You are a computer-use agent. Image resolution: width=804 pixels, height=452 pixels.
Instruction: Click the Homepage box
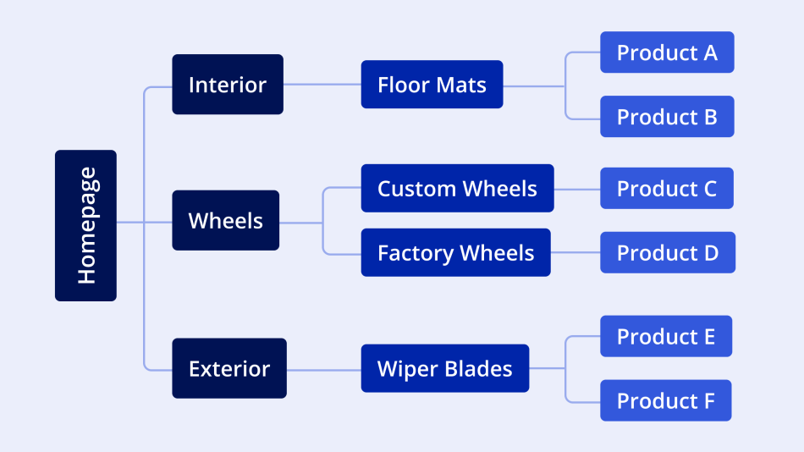point(85,226)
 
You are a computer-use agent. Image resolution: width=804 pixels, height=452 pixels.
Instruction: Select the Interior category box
point(228,85)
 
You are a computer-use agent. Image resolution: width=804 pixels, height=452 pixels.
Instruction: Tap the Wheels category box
point(225,220)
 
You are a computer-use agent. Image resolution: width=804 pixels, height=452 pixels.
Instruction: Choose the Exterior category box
point(229,368)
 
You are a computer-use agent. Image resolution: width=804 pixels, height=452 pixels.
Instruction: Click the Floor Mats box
point(432,85)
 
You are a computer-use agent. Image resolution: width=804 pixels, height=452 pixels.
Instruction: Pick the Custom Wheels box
point(457,188)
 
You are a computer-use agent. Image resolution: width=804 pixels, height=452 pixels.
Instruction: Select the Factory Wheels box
point(455,252)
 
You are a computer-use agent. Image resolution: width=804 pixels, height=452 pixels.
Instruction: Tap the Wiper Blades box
point(445,368)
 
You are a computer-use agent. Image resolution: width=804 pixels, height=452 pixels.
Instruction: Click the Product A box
point(667,52)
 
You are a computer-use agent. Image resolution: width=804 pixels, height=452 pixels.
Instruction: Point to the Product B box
point(667,117)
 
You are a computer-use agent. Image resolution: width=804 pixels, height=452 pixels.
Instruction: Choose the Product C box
point(667,188)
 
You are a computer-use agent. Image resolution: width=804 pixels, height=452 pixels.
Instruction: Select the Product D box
point(668,252)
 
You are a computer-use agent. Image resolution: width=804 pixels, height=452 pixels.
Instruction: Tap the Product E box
point(666,336)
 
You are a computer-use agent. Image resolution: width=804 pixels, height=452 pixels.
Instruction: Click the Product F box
point(666,400)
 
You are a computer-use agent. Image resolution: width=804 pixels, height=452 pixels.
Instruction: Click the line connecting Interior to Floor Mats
point(322,85)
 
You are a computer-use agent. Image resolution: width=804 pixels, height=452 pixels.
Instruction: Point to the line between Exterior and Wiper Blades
point(323,369)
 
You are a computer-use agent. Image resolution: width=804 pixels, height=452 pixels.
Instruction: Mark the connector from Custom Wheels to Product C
point(577,188)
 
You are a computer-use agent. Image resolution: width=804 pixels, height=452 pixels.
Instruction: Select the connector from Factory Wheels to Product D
point(575,252)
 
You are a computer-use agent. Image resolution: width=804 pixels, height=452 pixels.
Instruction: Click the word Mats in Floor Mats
point(461,85)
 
